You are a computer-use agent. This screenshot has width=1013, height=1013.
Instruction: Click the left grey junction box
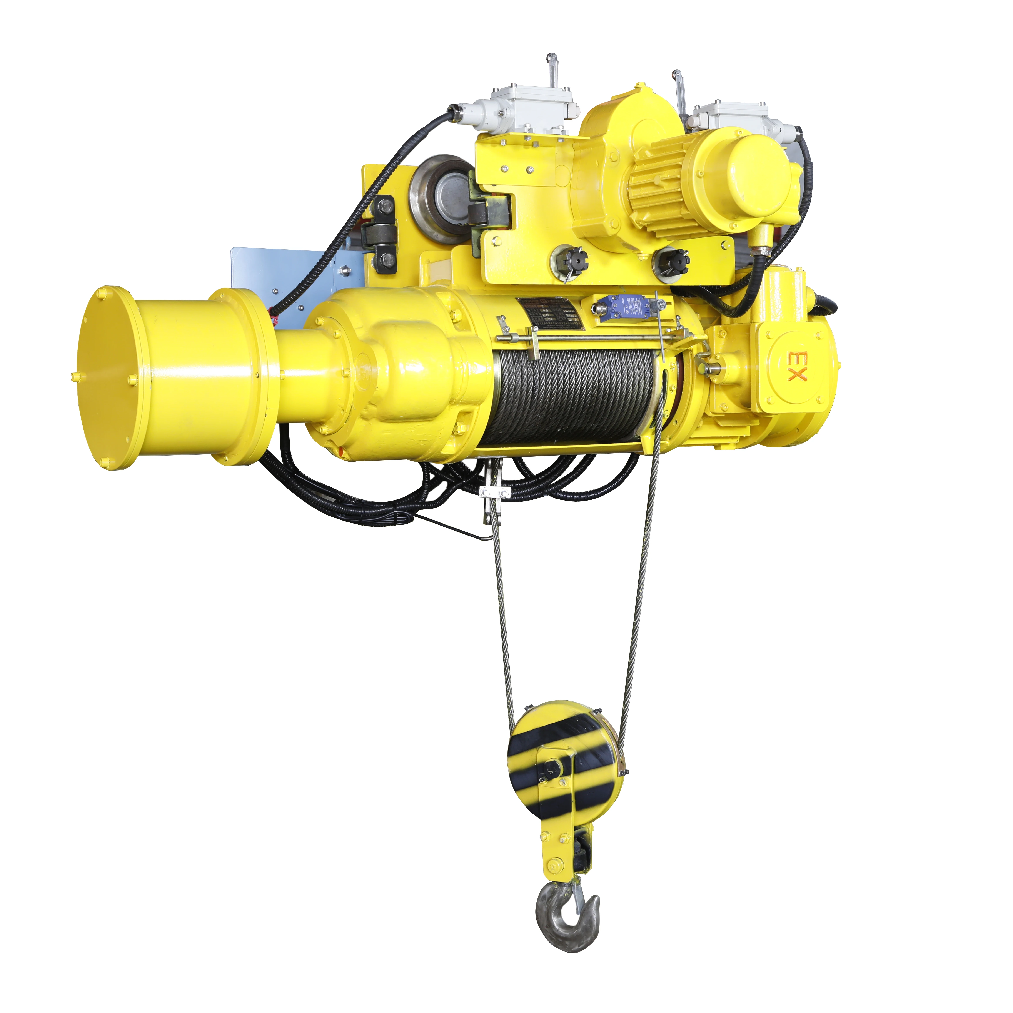point(530,110)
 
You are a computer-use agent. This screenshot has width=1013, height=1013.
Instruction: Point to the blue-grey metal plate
point(294,283)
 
